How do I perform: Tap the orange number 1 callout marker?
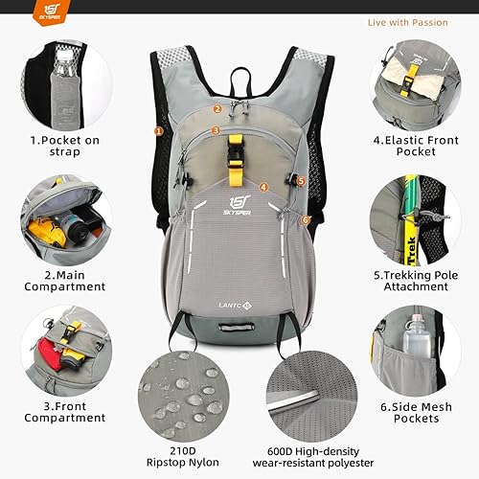tap(158, 130)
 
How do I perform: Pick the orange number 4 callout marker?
tap(263, 187)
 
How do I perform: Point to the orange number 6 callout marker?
tap(306, 219)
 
